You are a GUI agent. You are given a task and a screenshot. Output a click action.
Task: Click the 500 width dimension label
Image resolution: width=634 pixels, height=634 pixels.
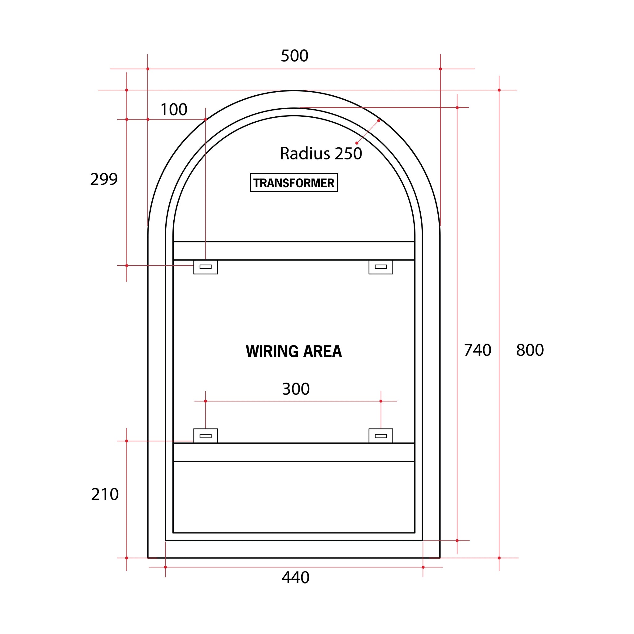(x=294, y=56)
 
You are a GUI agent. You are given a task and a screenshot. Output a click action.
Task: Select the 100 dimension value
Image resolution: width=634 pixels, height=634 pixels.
(x=174, y=110)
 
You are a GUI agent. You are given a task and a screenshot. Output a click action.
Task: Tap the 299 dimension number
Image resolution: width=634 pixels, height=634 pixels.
(x=104, y=179)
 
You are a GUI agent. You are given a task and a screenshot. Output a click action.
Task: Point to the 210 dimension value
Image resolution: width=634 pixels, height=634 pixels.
(x=105, y=494)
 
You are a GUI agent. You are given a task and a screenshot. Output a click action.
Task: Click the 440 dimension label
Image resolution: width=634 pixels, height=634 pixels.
(x=295, y=578)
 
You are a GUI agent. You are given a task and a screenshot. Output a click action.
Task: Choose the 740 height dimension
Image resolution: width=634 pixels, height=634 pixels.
(x=477, y=350)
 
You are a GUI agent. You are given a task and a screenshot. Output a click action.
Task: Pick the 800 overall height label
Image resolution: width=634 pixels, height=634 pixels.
(x=530, y=350)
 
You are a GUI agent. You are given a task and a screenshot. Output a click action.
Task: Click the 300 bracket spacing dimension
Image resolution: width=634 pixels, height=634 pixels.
(x=296, y=389)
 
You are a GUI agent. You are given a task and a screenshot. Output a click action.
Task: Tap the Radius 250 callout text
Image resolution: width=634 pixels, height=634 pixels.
(x=321, y=154)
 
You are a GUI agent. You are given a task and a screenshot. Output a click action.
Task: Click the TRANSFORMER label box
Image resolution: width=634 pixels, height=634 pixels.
(x=294, y=182)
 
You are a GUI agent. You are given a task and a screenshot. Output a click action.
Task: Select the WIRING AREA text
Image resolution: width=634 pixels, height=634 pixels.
(x=294, y=351)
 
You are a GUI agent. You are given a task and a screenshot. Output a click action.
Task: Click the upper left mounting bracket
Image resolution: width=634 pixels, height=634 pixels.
(x=206, y=267)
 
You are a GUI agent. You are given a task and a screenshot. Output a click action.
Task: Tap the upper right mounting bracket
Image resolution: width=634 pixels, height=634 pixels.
(x=381, y=267)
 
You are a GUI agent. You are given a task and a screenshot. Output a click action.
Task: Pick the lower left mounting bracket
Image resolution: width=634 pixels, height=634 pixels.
(x=206, y=436)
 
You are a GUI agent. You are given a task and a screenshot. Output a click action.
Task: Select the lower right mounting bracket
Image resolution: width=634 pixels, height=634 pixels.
(x=381, y=436)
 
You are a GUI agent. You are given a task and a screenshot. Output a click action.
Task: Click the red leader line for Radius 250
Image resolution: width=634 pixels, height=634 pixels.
(x=368, y=132)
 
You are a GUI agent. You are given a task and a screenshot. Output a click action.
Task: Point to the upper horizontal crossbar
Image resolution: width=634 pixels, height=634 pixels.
(x=294, y=251)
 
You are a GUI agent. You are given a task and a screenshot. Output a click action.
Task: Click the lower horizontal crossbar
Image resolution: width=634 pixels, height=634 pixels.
(x=294, y=452)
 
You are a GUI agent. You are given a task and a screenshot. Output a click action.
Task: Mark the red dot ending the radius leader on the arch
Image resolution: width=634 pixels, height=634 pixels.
(x=379, y=121)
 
